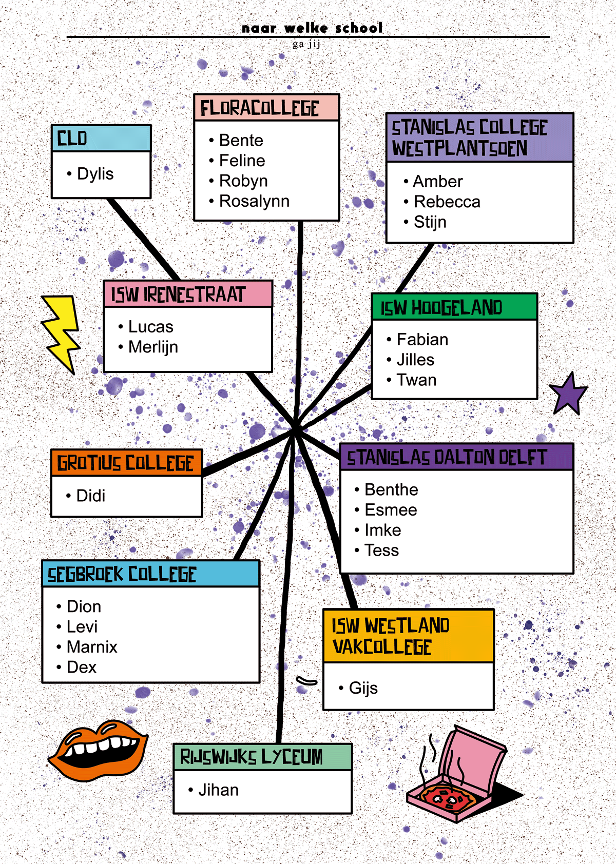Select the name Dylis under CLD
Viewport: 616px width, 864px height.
pos(95,174)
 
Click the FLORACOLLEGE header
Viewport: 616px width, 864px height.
pos(260,108)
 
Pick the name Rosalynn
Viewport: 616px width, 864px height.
pos(254,201)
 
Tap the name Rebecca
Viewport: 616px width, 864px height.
pos(447,202)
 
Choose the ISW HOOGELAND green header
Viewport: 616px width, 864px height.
pos(441,307)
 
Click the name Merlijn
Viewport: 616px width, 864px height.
pos(153,347)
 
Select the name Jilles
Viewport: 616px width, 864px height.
pos(415,360)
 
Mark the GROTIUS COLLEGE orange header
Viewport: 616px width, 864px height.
pos(126,463)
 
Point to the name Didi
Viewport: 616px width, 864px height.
pos(91,496)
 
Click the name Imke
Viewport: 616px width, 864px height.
pos(382,530)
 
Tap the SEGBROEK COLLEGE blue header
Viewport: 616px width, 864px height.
pos(122,574)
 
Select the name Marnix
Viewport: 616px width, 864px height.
pos(92,647)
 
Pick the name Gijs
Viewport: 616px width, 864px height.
pos(363,688)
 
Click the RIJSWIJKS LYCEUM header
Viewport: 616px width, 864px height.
pos(252,757)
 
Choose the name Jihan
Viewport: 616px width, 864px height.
pos(218,790)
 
